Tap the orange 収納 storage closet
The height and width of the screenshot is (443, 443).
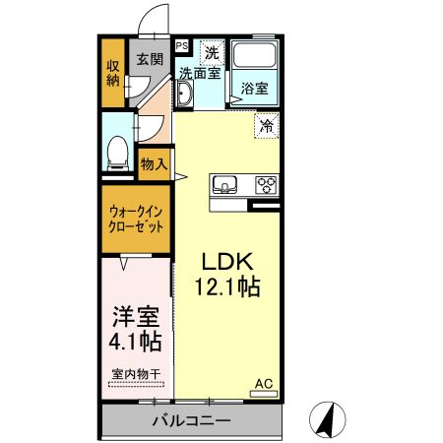[113, 73]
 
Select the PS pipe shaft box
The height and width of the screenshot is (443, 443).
[181, 45]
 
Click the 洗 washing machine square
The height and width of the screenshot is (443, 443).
[212, 51]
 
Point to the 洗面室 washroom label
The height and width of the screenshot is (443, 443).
[199, 73]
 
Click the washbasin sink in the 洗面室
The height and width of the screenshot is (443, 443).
[184, 94]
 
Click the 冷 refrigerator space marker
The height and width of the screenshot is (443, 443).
[266, 125]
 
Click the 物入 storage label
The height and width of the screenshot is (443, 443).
[154, 164]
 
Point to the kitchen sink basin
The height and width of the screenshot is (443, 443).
[223, 183]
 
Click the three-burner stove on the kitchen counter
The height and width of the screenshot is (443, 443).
[266, 183]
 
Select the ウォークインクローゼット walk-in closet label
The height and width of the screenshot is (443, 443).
[134, 217]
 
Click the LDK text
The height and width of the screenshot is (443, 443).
[228, 262]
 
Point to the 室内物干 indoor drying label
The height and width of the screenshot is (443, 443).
[134, 375]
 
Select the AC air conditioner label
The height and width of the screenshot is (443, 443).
[263, 383]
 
